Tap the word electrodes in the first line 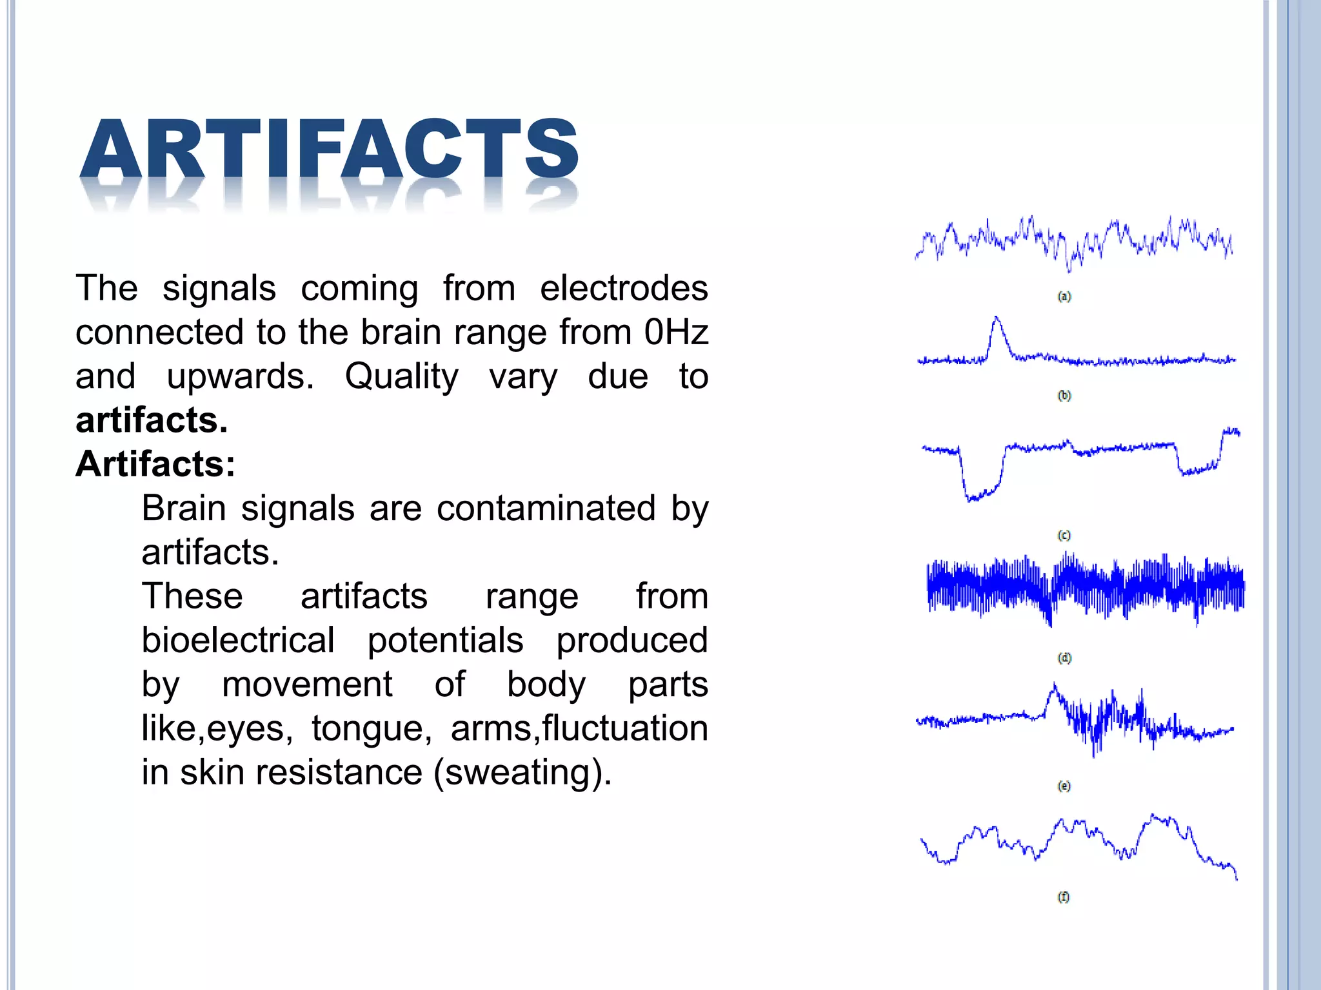(x=624, y=288)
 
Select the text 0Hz (x=676, y=333)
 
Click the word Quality (x=401, y=377)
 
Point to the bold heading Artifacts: (x=155, y=464)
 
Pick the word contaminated (x=546, y=509)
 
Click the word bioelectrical (x=238, y=641)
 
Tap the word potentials (x=445, y=641)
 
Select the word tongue (x=367, y=729)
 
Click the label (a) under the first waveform (x=1064, y=296)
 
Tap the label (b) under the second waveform (x=1064, y=396)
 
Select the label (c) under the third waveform (x=1064, y=536)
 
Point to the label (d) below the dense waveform (x=1064, y=658)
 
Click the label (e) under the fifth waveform (x=1064, y=786)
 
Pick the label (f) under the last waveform (x=1064, y=897)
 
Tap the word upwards (x=240, y=377)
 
